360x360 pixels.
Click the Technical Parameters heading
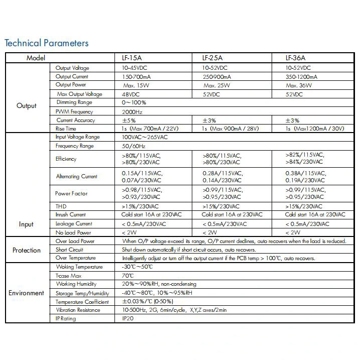tap(47, 43)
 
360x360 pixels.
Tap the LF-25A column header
tap(212, 58)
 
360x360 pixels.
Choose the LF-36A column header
tap(296, 58)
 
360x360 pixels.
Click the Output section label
tap(27, 106)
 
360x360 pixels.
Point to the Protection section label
tap(27, 250)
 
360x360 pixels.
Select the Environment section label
tap(27, 293)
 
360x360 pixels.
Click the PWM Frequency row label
tap(74, 111)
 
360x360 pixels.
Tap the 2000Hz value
tap(132, 111)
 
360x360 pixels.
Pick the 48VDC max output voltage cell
tap(131, 94)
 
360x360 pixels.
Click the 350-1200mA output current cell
tap(301, 77)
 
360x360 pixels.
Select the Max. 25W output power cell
tap(217, 85)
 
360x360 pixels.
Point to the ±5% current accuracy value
tap(129, 121)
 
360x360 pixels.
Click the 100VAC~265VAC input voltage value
tap(145, 137)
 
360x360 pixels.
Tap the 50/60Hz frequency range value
tap(133, 146)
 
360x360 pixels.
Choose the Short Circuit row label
tap(69, 250)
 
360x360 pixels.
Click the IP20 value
tap(128, 318)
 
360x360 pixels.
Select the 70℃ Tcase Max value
tap(128, 276)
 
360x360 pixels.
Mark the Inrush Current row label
tap(71, 215)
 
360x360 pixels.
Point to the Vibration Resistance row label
tap(78, 310)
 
